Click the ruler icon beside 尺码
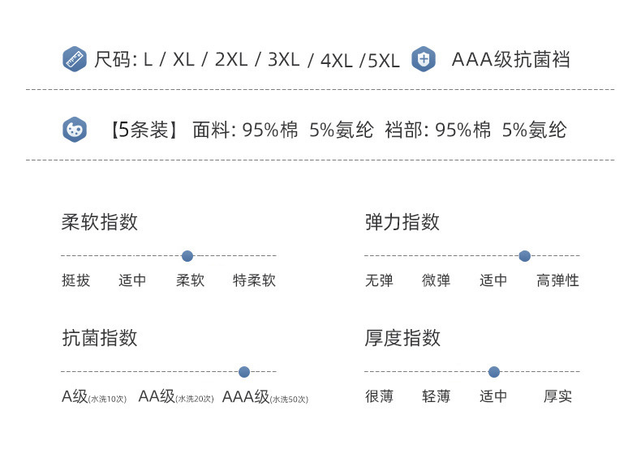click(75, 59)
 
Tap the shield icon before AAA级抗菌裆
click(424, 59)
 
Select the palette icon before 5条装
click(75, 130)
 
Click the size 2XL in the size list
click(231, 60)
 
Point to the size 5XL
click(384, 61)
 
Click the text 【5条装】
click(143, 130)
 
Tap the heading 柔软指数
click(99, 222)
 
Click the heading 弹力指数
click(402, 222)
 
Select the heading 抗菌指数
click(99, 338)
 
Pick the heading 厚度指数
click(402, 338)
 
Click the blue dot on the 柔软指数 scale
click(187, 256)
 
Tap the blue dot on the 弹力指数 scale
click(524, 256)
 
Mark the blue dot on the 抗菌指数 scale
click(244, 372)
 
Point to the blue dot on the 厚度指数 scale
click(494, 372)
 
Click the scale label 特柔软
click(254, 281)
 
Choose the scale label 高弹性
click(557, 281)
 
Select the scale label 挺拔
click(75, 281)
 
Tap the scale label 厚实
click(557, 397)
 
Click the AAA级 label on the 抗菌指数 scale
click(246, 397)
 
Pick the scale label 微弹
click(436, 281)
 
